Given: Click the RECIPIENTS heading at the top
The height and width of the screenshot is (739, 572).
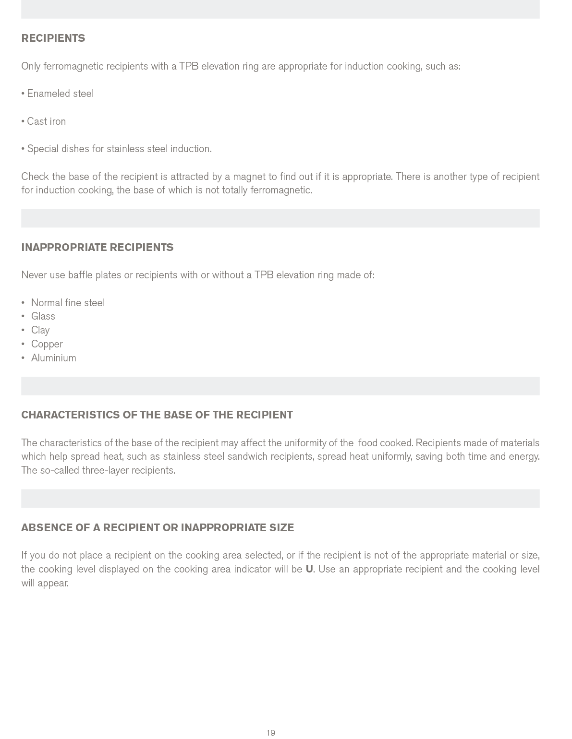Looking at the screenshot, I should [x=53, y=38].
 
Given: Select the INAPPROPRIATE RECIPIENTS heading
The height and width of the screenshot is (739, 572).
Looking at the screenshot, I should [x=97, y=248].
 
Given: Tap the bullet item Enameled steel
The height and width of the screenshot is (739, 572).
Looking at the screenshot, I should [x=60, y=94].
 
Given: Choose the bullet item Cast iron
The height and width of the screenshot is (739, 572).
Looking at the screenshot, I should [x=46, y=121].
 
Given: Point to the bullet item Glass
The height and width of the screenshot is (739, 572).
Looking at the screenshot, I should [x=43, y=317].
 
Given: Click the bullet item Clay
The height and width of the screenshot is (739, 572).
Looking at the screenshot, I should [x=40, y=331].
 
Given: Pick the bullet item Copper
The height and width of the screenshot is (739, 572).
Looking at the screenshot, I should [x=47, y=345].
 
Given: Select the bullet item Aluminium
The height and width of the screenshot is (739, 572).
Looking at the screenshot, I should [x=54, y=358].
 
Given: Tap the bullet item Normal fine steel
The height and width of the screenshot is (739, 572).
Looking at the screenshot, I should [x=68, y=303].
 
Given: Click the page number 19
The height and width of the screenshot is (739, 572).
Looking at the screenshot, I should [x=271, y=733].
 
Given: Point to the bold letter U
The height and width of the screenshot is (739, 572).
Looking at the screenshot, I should [x=309, y=570].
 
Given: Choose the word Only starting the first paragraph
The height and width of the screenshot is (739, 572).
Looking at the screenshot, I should [x=31, y=67].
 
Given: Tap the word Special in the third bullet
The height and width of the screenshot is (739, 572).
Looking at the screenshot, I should [x=43, y=149].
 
